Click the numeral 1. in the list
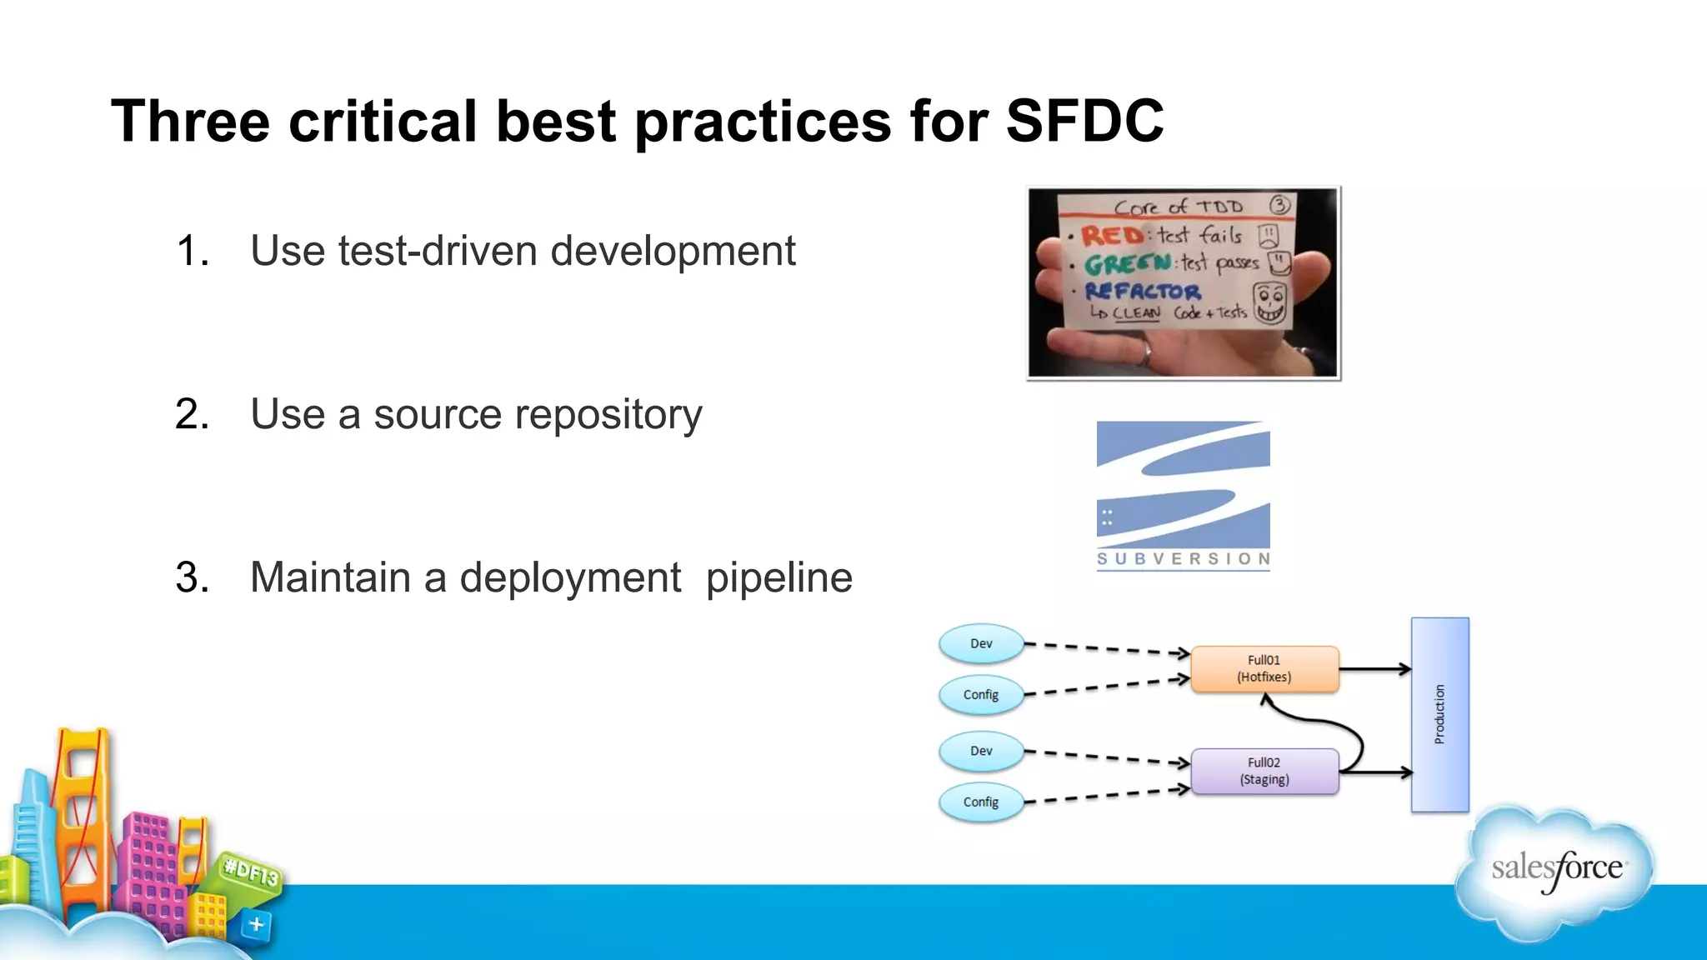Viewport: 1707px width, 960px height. [193, 251]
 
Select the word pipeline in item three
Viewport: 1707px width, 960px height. [778, 577]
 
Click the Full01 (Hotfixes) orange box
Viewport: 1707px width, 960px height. [1264, 668]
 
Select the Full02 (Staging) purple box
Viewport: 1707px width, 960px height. [1264, 771]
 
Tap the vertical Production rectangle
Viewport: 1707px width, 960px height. [1439, 714]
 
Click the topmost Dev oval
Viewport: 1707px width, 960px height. [981, 643]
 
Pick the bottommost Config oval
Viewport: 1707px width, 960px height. [981, 802]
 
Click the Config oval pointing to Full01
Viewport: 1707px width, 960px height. [981, 694]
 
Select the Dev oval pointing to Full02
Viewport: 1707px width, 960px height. [981, 751]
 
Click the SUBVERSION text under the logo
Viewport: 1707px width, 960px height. [1184, 558]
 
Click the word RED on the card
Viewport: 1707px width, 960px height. [1112, 236]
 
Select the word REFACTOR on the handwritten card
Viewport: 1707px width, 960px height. [1143, 292]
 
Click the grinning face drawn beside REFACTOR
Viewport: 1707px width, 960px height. [1270, 302]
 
